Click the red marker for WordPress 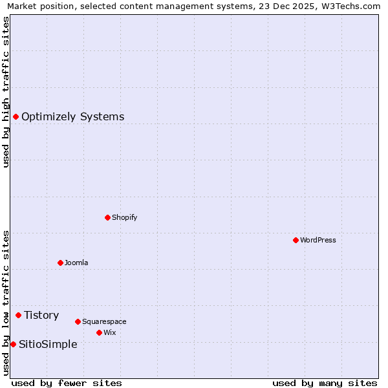tap(296, 240)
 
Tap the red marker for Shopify tap(107, 217)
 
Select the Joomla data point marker tap(60, 263)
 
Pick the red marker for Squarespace tap(78, 321)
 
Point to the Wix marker tap(99, 332)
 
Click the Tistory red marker tap(18, 315)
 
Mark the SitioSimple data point tap(13, 344)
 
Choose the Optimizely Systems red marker tap(16, 116)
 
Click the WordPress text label tap(318, 240)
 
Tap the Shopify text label tap(125, 217)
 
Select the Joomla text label tap(76, 263)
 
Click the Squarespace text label tap(104, 321)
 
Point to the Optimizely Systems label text tap(73, 116)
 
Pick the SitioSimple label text tap(48, 344)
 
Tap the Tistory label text tap(41, 315)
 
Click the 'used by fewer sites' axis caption tap(67, 383)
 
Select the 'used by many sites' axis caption tap(325, 383)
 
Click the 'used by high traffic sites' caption tap(6, 91)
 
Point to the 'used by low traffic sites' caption tap(6, 303)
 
